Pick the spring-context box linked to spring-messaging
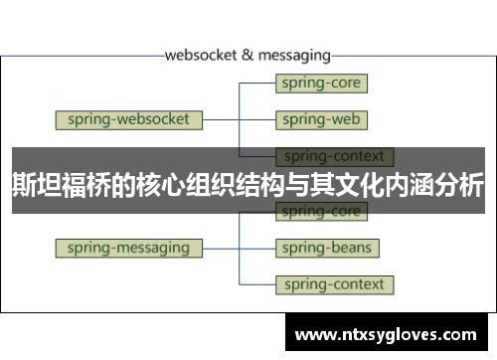(x=333, y=284)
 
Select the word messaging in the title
(x=294, y=55)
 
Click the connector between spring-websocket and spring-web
(x=239, y=120)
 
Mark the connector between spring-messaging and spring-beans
(x=239, y=247)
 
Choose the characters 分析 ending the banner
(x=459, y=185)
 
